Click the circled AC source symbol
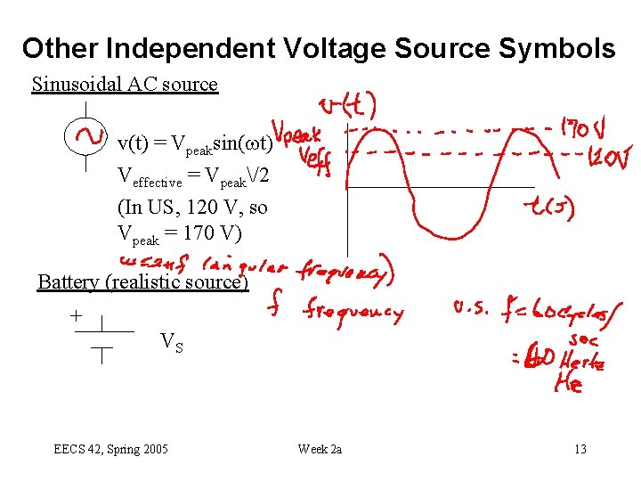point(85,136)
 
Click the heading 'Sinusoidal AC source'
point(125,85)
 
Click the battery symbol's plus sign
point(76,315)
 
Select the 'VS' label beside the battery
point(172,341)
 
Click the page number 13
point(580,449)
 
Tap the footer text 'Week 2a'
point(320,449)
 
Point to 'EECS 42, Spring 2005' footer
point(110,449)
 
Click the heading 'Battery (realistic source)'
point(142,282)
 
